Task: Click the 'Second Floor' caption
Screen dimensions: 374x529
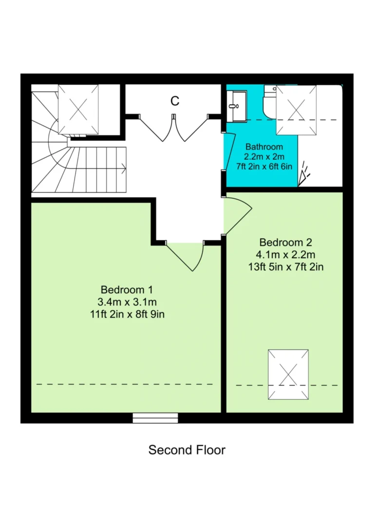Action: point(187,450)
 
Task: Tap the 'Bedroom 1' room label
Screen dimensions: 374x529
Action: point(127,289)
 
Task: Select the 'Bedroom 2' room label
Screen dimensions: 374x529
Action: point(286,242)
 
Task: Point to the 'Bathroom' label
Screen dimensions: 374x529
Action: point(264,147)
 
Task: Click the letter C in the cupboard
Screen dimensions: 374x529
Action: point(175,101)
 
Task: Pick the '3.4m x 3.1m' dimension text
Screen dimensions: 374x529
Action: point(127,302)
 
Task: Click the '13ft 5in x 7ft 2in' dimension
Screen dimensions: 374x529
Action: point(286,267)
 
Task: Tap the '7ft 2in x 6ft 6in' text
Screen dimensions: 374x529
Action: point(264,166)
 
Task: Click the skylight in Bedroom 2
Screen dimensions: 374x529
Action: point(288,375)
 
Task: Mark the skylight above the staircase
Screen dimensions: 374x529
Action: point(78,110)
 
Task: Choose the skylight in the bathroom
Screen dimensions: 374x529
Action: point(297,110)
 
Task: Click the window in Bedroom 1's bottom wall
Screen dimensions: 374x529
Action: point(155,418)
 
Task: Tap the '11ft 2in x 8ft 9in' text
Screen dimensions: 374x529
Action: point(127,314)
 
